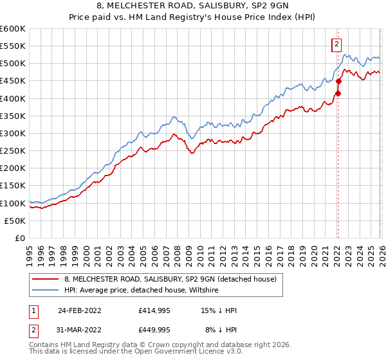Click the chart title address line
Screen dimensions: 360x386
point(193,6)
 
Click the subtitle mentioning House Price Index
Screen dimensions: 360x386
point(193,17)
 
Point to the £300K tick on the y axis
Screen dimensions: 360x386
point(13,133)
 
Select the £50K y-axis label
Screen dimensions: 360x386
point(15,221)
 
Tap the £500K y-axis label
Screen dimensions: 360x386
point(13,64)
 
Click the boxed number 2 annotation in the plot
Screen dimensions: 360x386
point(336,44)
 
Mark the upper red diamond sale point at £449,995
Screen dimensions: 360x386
point(338,82)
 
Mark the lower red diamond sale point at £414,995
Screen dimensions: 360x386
point(338,94)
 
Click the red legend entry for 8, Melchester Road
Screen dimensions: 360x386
point(170,279)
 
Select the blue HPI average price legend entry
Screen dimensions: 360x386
point(142,291)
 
